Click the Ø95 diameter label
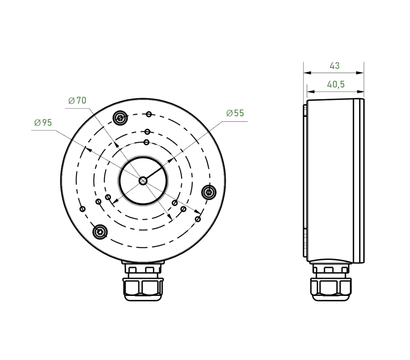click(x=42, y=122)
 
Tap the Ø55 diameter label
click(x=235, y=113)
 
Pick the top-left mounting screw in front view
click(x=121, y=119)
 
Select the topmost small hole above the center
click(x=147, y=118)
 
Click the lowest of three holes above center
click(x=146, y=146)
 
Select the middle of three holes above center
click(x=147, y=131)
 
